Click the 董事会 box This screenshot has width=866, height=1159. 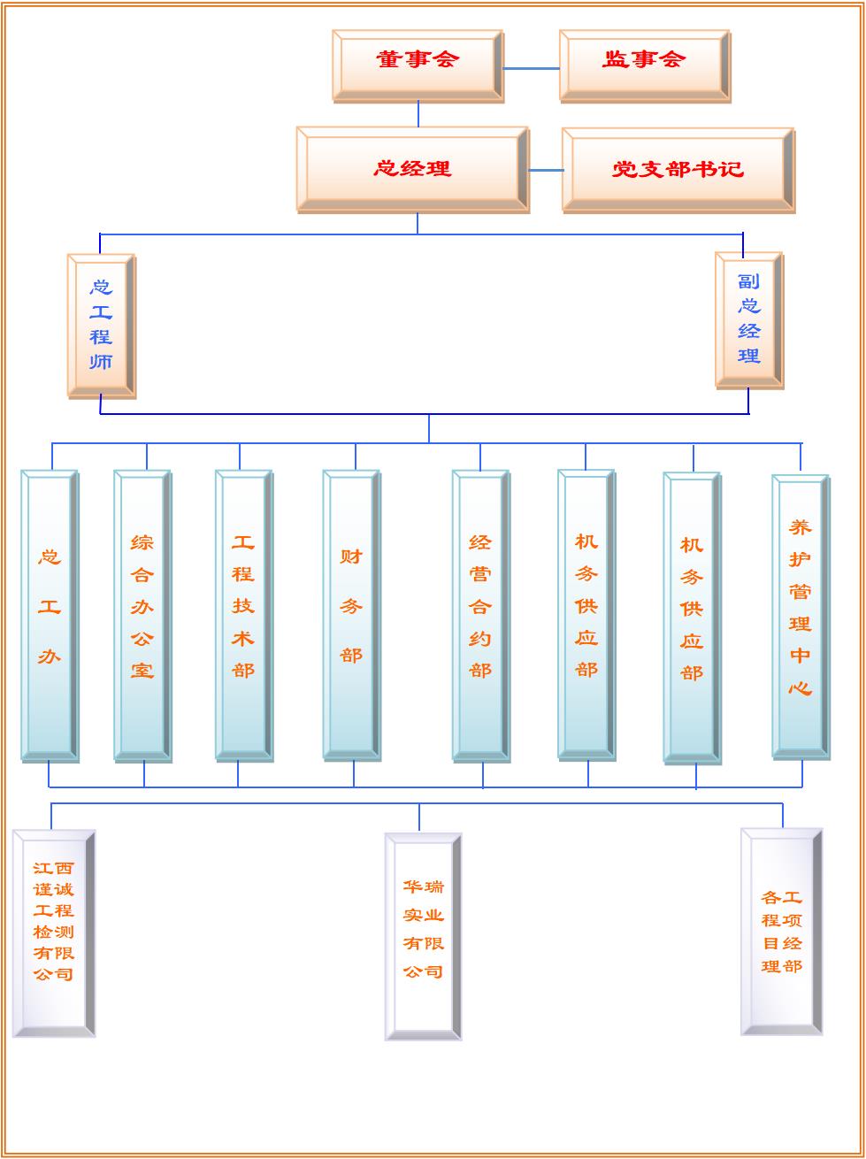click(418, 65)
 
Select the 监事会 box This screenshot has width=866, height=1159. click(645, 65)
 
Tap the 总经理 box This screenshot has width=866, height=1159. click(412, 169)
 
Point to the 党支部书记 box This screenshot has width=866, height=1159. click(678, 170)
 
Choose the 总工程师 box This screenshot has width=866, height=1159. click(101, 325)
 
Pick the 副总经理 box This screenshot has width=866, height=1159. click(748, 319)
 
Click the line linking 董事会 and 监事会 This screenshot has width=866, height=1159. click(531, 68)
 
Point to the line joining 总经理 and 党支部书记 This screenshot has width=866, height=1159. click(546, 170)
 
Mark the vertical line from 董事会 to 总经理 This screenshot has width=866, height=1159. click(418, 113)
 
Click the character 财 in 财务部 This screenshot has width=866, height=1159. click(351, 557)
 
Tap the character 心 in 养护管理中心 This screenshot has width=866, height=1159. click(800, 687)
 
